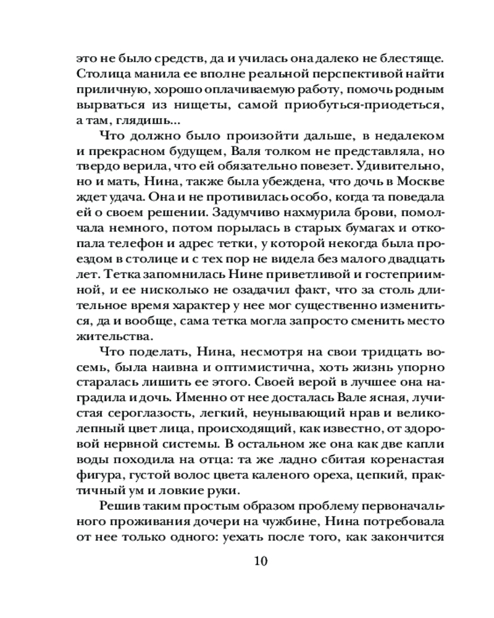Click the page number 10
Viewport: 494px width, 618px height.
click(261, 561)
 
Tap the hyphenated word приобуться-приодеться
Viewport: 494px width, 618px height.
click(367, 106)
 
